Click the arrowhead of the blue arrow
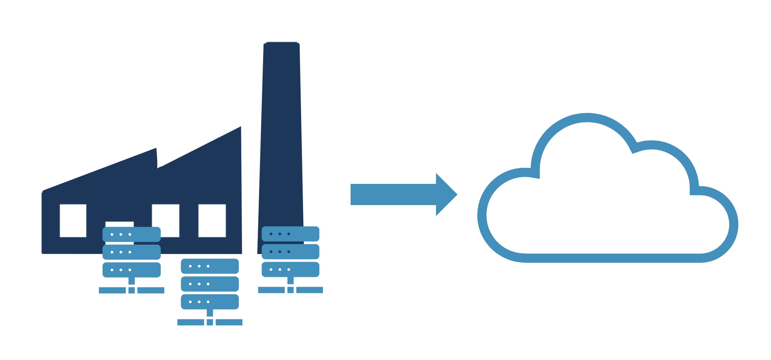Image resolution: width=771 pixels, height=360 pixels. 445,195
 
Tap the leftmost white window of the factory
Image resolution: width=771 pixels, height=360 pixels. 73,220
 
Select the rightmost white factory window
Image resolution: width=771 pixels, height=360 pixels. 212,220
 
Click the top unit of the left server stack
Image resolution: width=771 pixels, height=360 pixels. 132,234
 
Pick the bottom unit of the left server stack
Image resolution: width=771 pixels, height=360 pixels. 132,270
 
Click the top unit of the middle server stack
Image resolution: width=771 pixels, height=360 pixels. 210,266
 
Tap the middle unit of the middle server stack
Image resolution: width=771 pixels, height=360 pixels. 210,284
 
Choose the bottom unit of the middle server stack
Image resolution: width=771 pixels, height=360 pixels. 210,302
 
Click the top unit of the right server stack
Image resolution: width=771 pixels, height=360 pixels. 290,234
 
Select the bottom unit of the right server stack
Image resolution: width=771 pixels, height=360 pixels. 290,269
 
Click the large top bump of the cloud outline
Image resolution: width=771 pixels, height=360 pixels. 587,118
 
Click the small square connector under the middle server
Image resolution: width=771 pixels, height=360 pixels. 210,322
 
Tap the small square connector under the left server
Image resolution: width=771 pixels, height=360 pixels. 132,290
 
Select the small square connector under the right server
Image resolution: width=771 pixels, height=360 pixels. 290,290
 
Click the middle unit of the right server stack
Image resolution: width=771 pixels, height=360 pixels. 290,252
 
